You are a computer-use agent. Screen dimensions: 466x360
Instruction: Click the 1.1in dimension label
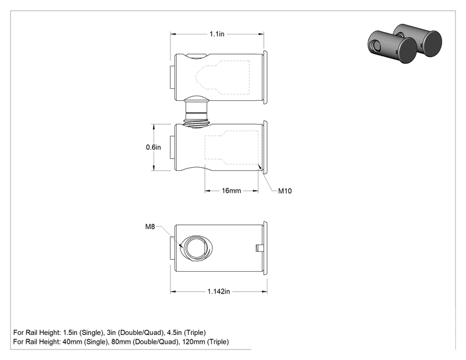(217, 34)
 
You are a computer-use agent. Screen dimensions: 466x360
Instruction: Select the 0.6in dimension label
(153, 147)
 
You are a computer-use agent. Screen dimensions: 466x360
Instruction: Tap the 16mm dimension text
(231, 191)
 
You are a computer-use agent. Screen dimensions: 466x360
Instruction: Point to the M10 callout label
(285, 191)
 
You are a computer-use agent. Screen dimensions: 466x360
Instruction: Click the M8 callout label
(150, 227)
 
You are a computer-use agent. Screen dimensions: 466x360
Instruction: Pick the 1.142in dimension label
(219, 291)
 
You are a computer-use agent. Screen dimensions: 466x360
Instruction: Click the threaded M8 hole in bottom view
(197, 249)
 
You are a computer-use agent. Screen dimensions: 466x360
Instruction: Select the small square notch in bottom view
(259, 248)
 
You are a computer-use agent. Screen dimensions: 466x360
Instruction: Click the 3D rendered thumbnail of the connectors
(405, 43)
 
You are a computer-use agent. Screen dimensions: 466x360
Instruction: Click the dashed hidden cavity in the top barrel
(222, 77)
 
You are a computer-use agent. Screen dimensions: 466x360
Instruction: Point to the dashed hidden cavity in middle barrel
(232, 147)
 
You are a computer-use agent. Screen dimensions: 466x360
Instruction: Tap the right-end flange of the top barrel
(265, 77)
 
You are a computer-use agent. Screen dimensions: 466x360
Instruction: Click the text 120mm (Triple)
(205, 342)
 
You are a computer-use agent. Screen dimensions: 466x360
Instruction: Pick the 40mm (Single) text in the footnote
(85, 342)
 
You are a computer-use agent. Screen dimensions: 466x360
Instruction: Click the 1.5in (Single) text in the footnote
(84, 332)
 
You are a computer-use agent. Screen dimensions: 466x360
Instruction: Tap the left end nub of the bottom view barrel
(172, 249)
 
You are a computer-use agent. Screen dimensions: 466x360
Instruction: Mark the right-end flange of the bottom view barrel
(265, 249)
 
